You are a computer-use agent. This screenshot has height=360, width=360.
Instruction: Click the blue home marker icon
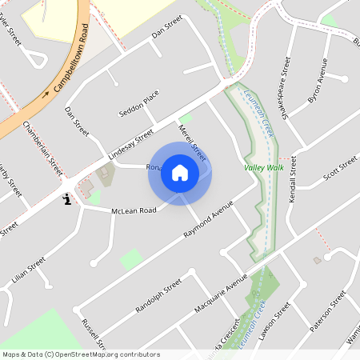click(x=180, y=173)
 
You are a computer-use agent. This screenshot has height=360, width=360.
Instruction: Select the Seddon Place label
click(x=139, y=102)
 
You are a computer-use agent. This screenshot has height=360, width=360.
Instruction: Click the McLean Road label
click(x=134, y=209)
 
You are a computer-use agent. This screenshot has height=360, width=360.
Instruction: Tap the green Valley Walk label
click(x=263, y=168)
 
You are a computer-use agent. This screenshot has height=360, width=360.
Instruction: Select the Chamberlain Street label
click(x=43, y=149)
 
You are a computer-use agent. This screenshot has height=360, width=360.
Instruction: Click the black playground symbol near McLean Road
click(x=67, y=198)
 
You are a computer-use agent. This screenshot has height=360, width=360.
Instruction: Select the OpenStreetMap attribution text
click(x=81, y=354)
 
